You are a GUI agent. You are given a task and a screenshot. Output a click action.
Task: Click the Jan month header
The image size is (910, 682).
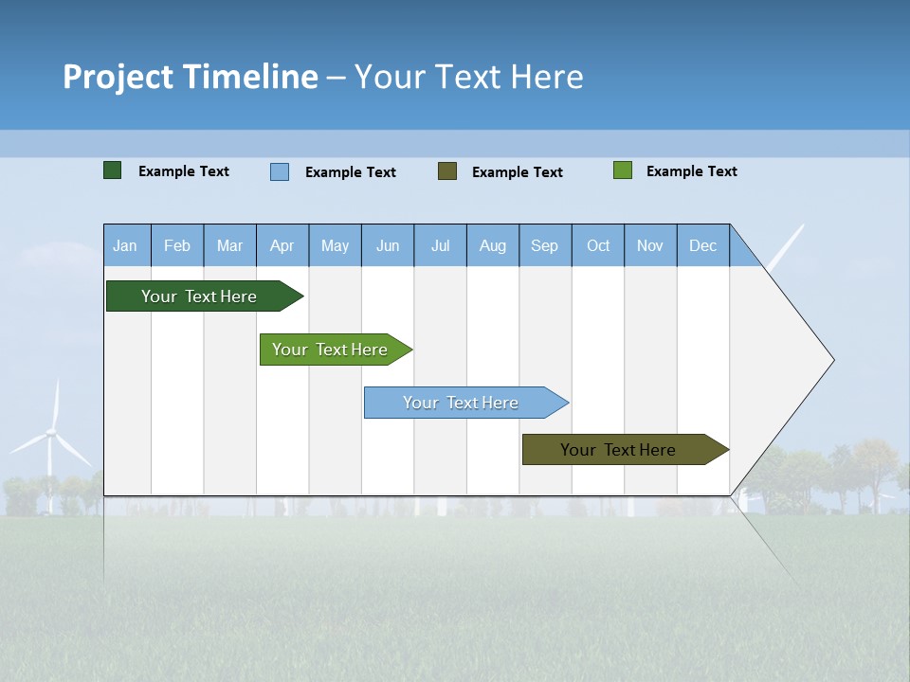click(x=125, y=245)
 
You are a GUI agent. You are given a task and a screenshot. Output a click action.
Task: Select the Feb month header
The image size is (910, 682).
click(x=177, y=245)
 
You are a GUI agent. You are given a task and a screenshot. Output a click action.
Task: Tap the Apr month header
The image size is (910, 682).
click(x=282, y=245)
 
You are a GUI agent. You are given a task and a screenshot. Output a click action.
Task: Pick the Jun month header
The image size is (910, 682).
click(x=388, y=245)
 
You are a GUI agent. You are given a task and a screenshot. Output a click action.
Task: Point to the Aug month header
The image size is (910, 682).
click(x=493, y=245)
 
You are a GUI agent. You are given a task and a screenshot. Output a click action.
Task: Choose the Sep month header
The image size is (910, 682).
click(x=545, y=245)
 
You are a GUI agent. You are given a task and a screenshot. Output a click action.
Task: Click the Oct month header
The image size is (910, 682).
click(x=598, y=245)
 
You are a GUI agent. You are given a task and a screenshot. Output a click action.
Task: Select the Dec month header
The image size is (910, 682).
click(x=703, y=245)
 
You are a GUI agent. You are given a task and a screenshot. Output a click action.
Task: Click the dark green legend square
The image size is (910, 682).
click(x=113, y=170)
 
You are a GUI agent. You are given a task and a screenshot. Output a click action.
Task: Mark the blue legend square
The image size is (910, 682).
click(x=280, y=171)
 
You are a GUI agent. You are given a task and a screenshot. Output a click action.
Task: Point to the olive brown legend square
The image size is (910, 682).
click(x=447, y=170)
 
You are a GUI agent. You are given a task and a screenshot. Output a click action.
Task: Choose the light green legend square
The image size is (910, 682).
click(x=623, y=170)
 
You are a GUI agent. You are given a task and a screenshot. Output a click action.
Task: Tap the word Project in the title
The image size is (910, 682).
click(x=118, y=77)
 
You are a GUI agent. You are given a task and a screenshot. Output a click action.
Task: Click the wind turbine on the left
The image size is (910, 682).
click(x=53, y=436)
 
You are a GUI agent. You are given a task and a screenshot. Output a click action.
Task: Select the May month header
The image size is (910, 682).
click(x=335, y=245)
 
